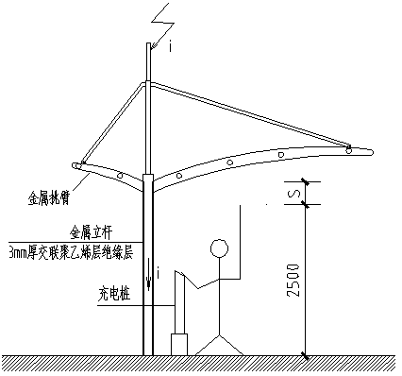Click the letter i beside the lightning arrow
coord(169,44)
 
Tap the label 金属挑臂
coord(50,200)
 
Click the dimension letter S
coord(295,194)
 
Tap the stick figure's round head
coord(220,248)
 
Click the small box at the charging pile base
coord(178,345)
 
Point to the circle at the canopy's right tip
coord(351,149)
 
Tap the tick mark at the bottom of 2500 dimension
coord(305,355)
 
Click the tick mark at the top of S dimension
coord(305,181)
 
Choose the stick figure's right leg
coord(233,345)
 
